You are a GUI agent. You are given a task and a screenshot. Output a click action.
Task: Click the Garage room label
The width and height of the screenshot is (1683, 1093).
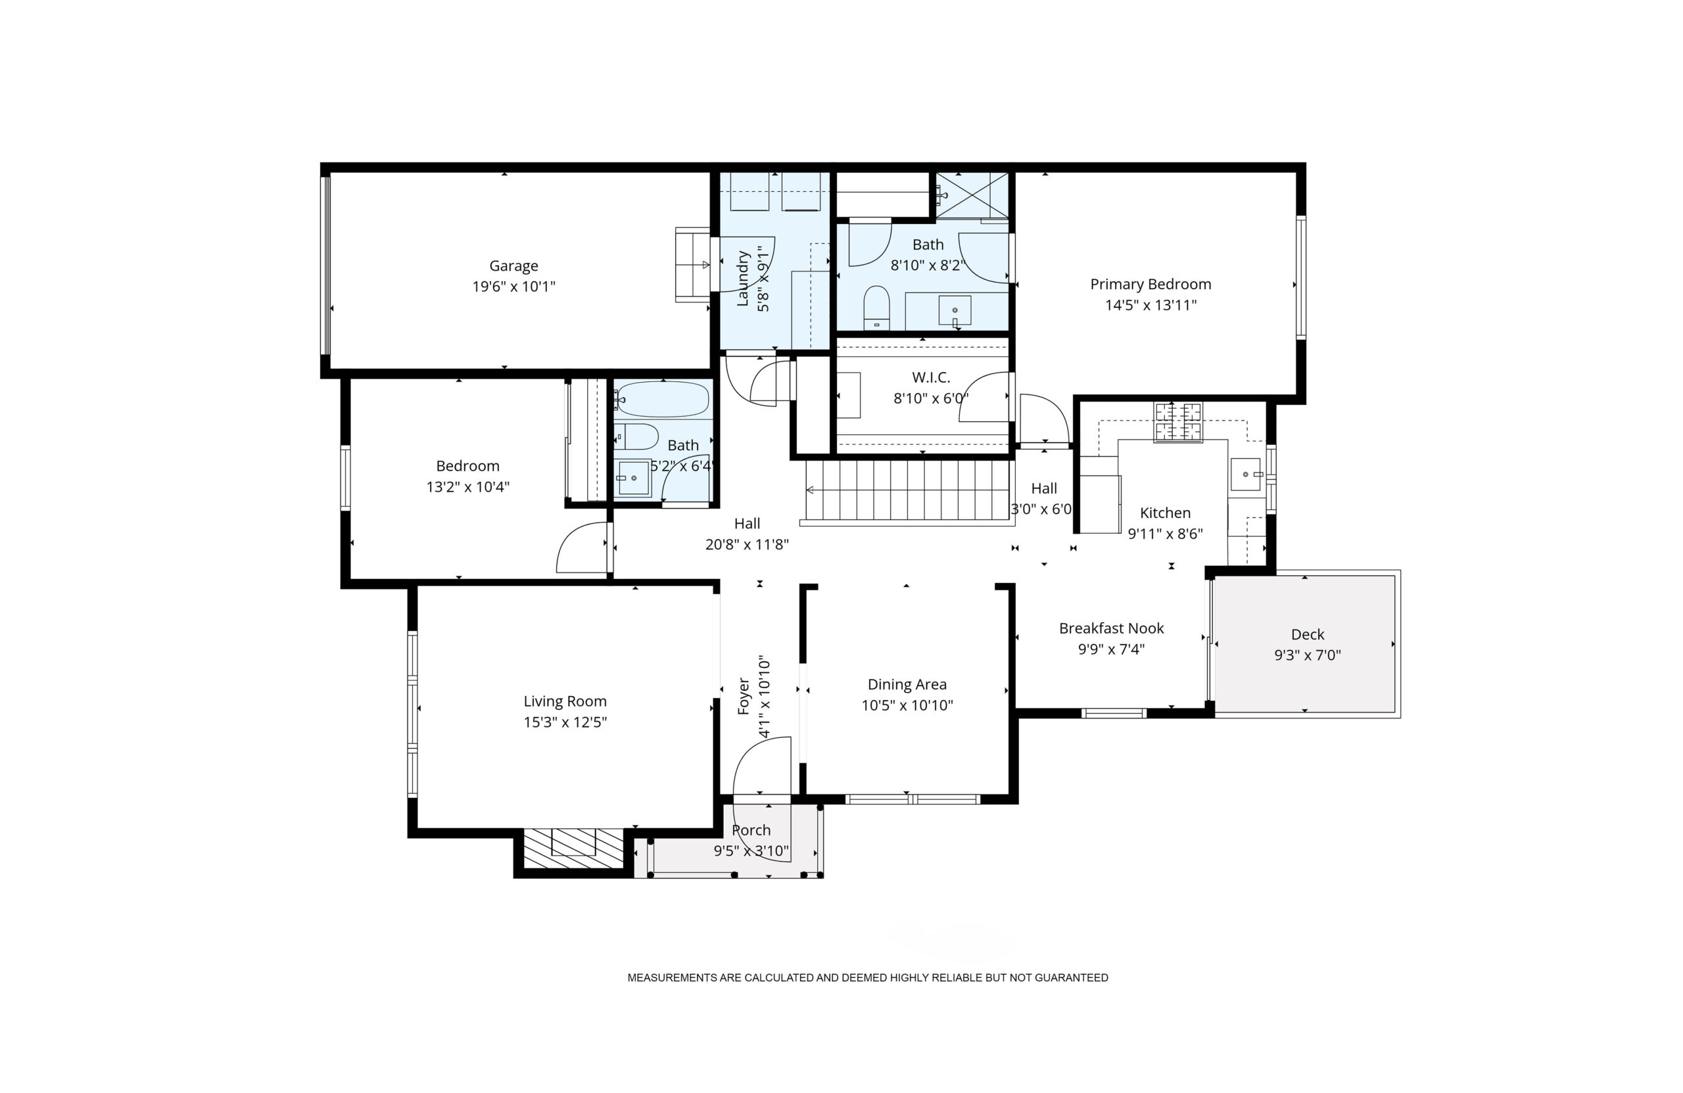coord(513,266)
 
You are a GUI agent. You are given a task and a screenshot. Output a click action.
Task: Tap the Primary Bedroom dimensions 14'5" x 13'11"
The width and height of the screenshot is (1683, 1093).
coord(1150,306)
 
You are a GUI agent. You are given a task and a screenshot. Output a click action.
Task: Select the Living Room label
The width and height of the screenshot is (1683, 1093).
coord(565,701)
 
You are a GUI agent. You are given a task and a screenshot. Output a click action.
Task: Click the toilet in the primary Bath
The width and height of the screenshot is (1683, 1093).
coord(877,308)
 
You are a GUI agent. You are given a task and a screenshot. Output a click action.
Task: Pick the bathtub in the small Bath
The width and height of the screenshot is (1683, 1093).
coord(661,400)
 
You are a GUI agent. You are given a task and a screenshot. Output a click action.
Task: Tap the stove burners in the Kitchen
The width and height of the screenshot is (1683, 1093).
coord(1177,422)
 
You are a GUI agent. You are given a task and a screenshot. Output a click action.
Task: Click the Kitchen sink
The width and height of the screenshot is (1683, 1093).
coord(1245,475)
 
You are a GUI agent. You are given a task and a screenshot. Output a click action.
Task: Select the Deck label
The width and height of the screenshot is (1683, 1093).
coord(1308,634)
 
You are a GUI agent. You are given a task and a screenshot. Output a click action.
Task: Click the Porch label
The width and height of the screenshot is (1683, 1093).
coord(751,830)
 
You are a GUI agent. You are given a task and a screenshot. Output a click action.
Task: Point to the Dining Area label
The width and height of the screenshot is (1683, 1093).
coord(907,684)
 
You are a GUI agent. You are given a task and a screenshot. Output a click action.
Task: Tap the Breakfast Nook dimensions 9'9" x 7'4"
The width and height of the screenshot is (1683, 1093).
coord(1111,649)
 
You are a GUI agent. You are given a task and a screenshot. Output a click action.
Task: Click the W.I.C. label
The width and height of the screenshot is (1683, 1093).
coord(931,377)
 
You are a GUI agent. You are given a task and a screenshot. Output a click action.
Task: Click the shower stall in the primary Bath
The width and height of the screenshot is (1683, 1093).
coord(972,195)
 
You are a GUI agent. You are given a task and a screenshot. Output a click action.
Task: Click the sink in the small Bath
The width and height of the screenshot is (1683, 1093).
coord(633,478)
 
